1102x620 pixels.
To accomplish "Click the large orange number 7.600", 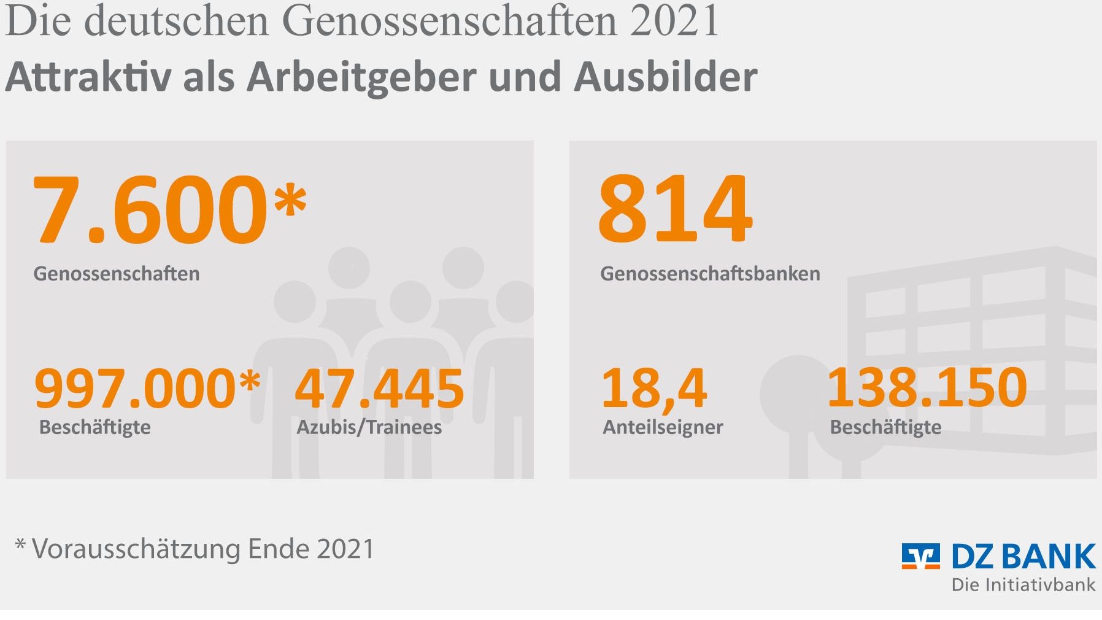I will [150, 209].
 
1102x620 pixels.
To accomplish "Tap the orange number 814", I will [675, 209].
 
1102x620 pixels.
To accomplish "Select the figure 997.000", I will [135, 388].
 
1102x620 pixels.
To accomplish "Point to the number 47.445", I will [379, 388].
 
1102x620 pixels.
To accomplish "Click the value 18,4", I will [653, 388].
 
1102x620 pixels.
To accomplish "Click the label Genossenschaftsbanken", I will [710, 273].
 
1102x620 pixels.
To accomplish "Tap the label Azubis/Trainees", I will [369, 427].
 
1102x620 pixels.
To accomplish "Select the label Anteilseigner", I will [663, 427].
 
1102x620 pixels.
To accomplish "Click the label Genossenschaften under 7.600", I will [117, 273].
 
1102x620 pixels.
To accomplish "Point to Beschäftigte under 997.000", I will [94, 427].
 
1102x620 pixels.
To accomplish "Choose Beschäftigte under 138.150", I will [885, 427].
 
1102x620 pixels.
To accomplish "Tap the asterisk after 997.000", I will [250, 381].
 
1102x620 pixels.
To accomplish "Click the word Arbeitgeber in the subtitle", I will [362, 77].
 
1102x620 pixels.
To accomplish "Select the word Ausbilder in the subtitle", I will [666, 77].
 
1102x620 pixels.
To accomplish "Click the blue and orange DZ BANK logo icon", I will [920, 556].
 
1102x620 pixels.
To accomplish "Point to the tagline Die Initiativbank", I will [1023, 584].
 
